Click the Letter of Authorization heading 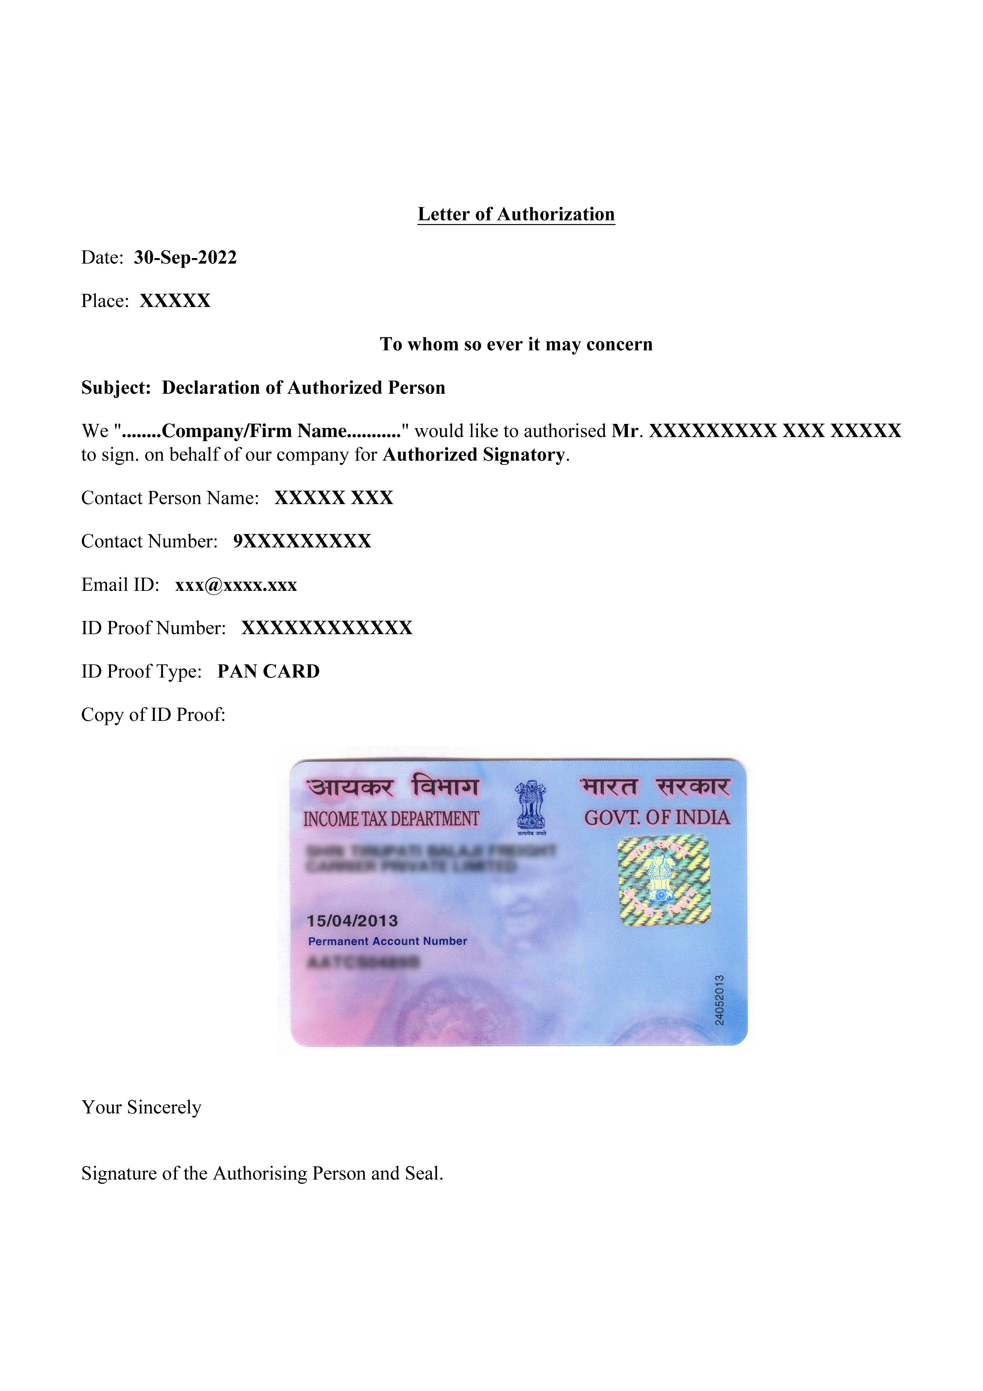(x=516, y=215)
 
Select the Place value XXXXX (x=175, y=301)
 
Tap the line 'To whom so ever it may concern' (x=516, y=344)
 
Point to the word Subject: (x=116, y=388)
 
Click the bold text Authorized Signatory (x=474, y=454)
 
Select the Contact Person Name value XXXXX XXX (x=334, y=498)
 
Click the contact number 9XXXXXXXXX (x=302, y=541)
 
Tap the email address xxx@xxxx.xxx (x=235, y=585)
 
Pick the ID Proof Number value (x=327, y=628)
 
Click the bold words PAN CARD (x=268, y=671)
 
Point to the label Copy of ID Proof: (x=153, y=715)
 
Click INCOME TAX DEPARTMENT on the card (x=391, y=819)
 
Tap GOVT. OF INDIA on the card (x=657, y=818)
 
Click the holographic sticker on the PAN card (x=664, y=880)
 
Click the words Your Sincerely (x=141, y=1107)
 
